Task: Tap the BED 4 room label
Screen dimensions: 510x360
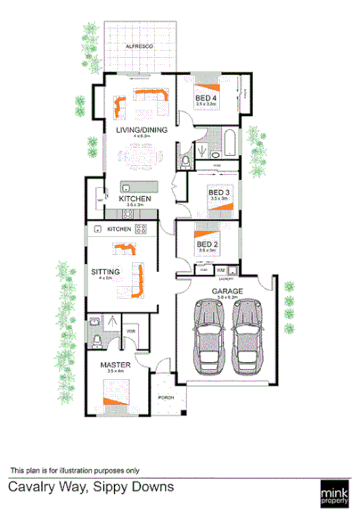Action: coord(206,97)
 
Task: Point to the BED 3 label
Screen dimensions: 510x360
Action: coord(219,192)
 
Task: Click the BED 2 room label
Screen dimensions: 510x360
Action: coord(207,244)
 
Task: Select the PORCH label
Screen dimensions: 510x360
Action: coord(165,395)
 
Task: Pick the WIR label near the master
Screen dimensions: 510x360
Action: coord(130,332)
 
